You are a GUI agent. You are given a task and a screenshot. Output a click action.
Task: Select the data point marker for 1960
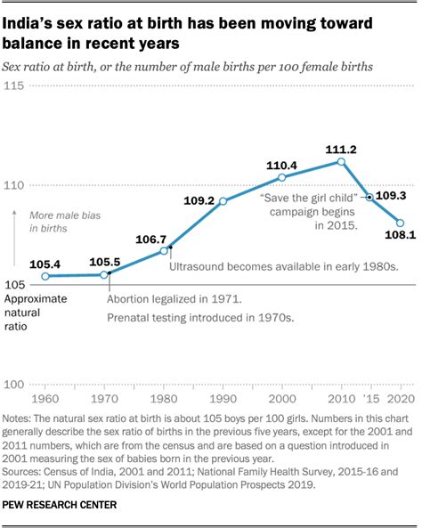[x=45, y=277]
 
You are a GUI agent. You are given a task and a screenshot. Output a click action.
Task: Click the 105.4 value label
[x=45, y=264]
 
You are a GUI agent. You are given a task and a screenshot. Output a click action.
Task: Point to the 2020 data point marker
[x=400, y=223]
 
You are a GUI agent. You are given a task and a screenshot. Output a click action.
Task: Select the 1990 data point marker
[x=223, y=201]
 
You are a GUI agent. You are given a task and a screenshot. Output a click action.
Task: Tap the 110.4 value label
[x=281, y=164]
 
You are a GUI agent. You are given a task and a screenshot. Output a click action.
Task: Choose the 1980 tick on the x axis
[x=164, y=397]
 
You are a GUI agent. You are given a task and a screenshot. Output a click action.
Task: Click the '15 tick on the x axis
[x=371, y=397]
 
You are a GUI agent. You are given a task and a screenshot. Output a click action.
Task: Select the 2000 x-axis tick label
[x=282, y=397]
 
